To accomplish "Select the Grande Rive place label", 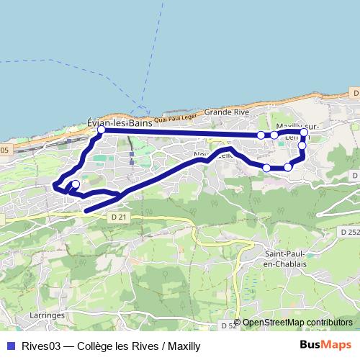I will point(226,112).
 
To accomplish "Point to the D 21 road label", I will point(120,217).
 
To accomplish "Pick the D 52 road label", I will point(228,326).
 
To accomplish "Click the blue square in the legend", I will point(9,346).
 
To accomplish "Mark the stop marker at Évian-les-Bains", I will point(102,130).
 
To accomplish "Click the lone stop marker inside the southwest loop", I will point(76,184).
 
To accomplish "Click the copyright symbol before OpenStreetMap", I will point(238,323).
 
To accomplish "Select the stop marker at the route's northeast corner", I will point(304,132).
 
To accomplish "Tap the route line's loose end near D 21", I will point(86,210).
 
